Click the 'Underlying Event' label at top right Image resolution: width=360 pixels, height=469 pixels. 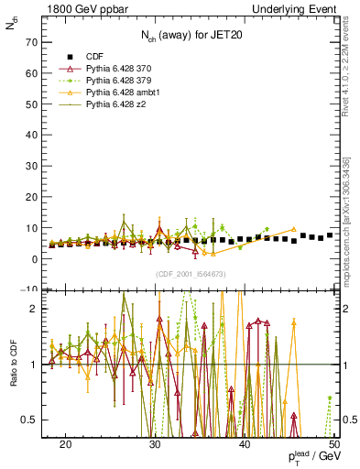[300, 8]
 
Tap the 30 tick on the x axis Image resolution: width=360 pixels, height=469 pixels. [155, 444]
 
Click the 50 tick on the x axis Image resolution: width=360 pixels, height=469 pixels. [334, 444]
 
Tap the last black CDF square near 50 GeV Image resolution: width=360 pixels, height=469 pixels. [330, 235]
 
